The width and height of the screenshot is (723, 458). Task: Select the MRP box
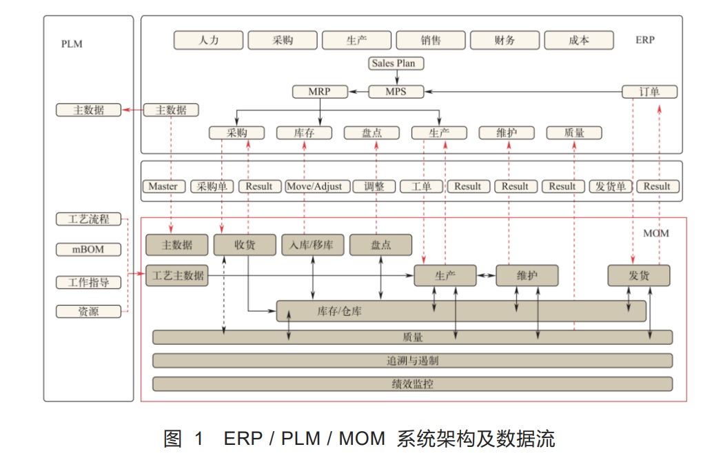(x=320, y=92)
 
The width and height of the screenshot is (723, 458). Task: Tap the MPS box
(x=396, y=92)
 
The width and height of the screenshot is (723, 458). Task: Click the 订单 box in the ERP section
(x=649, y=92)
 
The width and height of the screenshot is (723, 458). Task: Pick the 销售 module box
(x=430, y=40)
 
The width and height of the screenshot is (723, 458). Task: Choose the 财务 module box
(x=505, y=40)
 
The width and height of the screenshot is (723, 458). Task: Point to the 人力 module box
(x=208, y=40)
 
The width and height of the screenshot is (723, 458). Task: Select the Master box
(x=163, y=186)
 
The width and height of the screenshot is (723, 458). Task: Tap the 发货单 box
(x=610, y=186)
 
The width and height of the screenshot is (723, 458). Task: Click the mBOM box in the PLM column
(x=88, y=250)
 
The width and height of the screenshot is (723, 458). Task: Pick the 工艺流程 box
(x=88, y=219)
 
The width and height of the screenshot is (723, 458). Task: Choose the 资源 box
(x=88, y=312)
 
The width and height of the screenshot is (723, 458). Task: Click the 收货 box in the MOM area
(x=245, y=245)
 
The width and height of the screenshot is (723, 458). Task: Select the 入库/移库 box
(x=312, y=245)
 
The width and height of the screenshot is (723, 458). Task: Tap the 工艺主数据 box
(x=176, y=275)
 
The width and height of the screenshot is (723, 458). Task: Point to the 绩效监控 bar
(x=412, y=384)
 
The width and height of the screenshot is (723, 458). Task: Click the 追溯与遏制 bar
(x=412, y=361)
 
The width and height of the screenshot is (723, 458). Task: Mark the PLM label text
(x=72, y=43)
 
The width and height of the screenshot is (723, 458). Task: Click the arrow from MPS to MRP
(x=358, y=92)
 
